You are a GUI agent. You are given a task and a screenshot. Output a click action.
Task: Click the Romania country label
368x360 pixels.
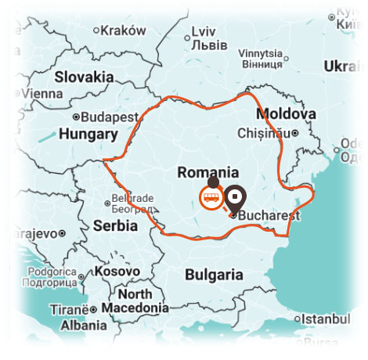pos(208,173)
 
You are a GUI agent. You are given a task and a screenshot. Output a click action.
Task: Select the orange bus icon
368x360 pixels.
pos(211,197)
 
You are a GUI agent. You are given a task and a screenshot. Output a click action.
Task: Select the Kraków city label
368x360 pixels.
pos(124,31)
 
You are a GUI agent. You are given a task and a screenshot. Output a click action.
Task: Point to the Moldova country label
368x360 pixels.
pos(287,114)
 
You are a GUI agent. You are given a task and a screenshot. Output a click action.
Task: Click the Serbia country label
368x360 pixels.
pos(115,225)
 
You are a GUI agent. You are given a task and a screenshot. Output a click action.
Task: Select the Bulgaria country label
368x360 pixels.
pos(213,275)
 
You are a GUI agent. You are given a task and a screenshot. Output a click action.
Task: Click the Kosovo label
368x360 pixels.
pos(117,271)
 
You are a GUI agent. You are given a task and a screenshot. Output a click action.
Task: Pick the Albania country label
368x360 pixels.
pos(84,326)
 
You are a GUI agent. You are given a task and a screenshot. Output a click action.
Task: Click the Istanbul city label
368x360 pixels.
pos(328,319)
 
